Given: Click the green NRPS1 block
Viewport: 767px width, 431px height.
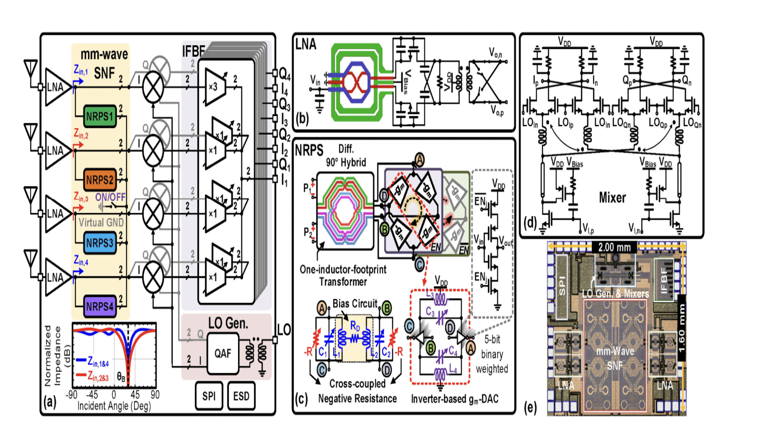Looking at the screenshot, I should (100, 117).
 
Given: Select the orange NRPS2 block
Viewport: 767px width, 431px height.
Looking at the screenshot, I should (100, 180).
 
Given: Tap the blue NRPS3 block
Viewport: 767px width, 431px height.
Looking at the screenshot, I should (100, 243).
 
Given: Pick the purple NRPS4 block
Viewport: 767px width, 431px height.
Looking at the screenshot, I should (100, 306).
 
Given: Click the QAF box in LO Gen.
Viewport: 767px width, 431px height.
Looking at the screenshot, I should (223, 353).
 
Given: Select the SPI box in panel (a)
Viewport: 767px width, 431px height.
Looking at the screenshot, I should (209, 396).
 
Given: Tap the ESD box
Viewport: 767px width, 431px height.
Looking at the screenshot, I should (241, 396).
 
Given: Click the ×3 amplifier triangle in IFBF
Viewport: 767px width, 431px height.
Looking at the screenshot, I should (214, 87).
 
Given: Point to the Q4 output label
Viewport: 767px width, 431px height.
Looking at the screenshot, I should (285, 74).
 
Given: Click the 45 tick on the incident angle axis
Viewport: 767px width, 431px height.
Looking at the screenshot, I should (135, 395).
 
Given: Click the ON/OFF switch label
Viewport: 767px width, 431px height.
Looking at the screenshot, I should (110, 197).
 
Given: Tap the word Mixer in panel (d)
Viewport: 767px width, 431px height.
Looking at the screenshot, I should (612, 198).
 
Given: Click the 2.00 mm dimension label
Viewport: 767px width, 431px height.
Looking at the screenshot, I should (614, 247).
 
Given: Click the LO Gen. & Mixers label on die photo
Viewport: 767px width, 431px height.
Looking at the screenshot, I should (616, 294).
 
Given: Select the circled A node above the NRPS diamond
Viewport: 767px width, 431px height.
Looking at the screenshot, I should (419, 160).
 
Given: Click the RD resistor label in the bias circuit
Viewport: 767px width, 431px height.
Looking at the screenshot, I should (355, 326).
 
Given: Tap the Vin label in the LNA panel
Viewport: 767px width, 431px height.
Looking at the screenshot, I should (315, 80).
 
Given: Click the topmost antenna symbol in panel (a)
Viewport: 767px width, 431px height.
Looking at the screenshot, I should (31, 69).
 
